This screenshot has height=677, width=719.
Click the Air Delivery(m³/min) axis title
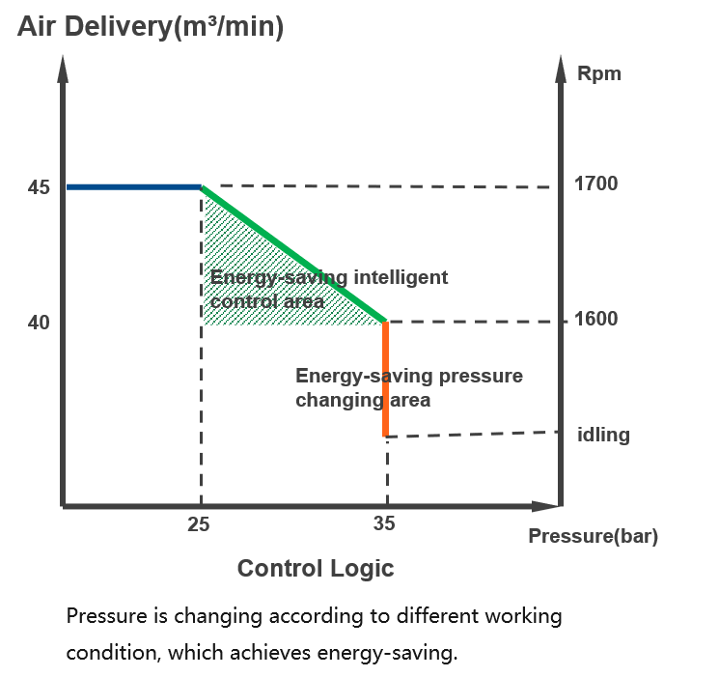[151, 27]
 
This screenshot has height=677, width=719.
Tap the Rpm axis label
[599, 74]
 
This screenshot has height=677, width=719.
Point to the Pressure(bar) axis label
[593, 536]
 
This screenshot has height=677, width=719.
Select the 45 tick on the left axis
[39, 187]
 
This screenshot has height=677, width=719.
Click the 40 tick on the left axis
[39, 323]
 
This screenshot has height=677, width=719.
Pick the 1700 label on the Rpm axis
[595, 183]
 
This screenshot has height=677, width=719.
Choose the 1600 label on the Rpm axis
[595, 319]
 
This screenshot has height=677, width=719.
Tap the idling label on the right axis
[603, 435]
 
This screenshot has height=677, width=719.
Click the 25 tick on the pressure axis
[199, 524]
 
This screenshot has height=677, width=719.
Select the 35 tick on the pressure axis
[384, 523]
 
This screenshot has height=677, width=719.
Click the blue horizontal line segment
[134, 187]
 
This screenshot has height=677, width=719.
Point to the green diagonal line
[294, 254]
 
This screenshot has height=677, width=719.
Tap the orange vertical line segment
[386, 379]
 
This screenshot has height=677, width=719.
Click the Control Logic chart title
[316, 569]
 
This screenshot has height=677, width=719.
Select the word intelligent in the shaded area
[401, 278]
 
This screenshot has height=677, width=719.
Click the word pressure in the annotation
[481, 377]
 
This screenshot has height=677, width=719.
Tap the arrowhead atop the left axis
[64, 70]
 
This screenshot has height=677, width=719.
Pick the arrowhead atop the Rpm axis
[561, 70]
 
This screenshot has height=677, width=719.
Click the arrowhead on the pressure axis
[545, 506]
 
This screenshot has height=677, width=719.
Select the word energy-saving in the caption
[387, 653]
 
